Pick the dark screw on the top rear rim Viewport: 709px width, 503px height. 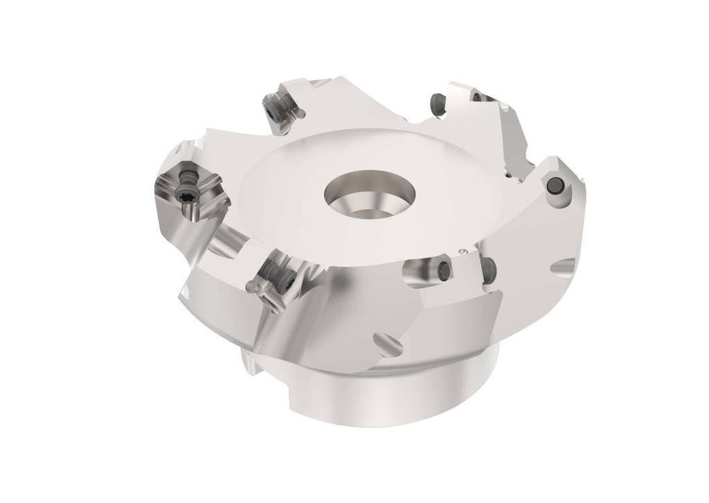coord(436,101)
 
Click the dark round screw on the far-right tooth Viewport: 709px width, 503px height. coord(554,185)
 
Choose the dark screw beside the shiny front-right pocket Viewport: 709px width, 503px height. coord(490,265)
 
